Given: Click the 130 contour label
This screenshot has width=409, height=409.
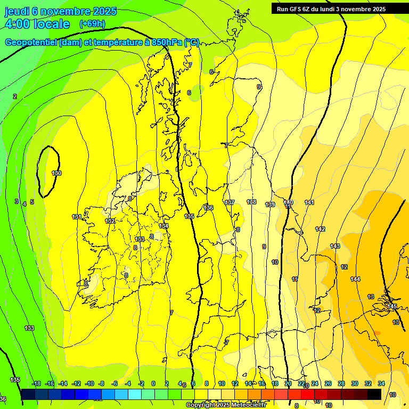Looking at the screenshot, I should (56, 173).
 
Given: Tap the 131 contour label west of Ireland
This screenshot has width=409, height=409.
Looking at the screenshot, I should (77, 217).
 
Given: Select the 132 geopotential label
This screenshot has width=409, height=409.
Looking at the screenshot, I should (110, 221).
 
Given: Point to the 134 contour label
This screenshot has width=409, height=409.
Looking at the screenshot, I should (163, 226).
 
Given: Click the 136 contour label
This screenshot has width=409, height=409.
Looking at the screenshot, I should (208, 208).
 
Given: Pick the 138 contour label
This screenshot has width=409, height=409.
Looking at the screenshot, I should (251, 202).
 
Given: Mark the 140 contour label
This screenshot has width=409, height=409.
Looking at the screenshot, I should (288, 202).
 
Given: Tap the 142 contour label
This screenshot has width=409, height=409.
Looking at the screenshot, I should (320, 229).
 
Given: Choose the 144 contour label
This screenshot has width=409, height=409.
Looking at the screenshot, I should (355, 279).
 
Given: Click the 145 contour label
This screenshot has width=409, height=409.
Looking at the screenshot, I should (392, 306).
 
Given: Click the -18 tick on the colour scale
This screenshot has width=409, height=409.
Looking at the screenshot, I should (36, 383).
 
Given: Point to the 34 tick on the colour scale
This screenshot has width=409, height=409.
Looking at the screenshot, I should (381, 383).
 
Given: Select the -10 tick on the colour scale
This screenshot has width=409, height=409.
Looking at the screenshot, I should (89, 383).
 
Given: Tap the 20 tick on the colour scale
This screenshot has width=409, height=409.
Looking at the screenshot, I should (288, 383).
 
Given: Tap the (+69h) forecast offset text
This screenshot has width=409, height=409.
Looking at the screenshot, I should (92, 24).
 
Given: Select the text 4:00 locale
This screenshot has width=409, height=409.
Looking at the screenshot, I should (37, 24).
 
